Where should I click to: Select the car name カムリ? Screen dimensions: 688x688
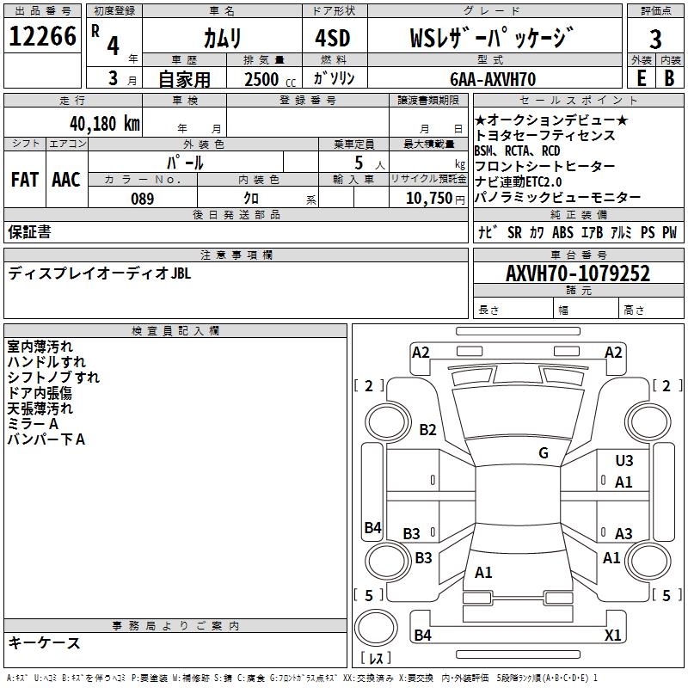click(222, 38)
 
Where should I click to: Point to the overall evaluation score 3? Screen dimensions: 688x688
click(655, 40)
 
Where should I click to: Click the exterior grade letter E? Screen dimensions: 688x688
click(641, 78)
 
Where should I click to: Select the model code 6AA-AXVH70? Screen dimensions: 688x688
click(492, 79)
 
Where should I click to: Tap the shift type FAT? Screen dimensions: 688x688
click(25, 180)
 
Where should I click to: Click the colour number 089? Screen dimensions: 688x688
click(143, 199)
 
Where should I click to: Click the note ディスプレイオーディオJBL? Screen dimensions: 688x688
click(100, 273)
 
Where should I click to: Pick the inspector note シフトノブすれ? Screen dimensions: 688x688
click(53, 377)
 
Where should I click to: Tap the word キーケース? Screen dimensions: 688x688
click(45, 642)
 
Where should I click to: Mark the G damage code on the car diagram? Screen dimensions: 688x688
click(544, 453)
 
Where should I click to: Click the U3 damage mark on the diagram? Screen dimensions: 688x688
click(624, 461)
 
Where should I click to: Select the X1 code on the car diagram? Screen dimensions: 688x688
click(613, 636)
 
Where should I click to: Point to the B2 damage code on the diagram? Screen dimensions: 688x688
click(427, 430)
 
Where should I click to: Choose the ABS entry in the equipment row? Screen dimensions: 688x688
click(562, 232)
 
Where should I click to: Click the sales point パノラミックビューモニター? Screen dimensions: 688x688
click(557, 197)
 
